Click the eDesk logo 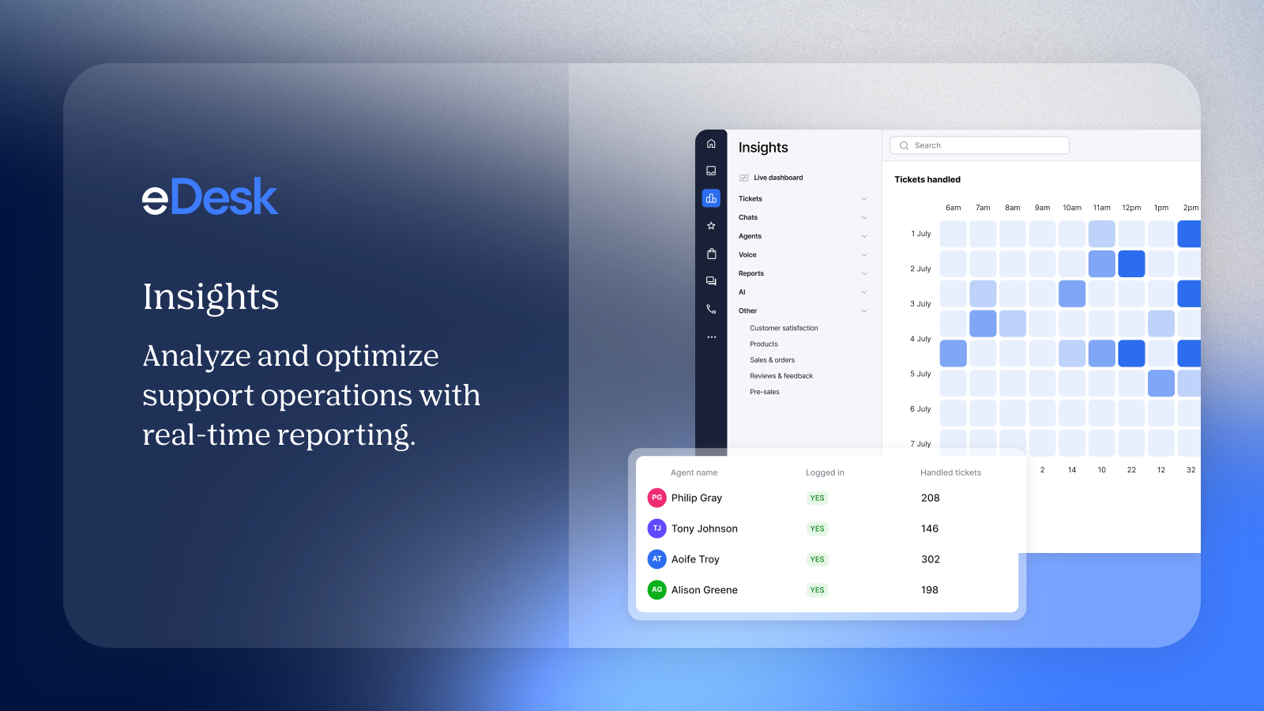pos(210,197)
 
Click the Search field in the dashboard pos(980,145)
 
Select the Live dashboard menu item pos(777,178)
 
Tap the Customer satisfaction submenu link pos(784,328)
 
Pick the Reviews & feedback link pos(781,376)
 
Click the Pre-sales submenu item pos(764,392)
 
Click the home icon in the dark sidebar pos(711,144)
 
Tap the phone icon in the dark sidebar pos(711,310)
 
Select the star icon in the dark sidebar pos(711,226)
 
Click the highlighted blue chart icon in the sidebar pos(711,198)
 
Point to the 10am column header pos(1071,208)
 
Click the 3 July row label pos(920,303)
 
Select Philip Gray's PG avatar pos(656,498)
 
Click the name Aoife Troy pos(695,559)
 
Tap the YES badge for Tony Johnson pos(817,529)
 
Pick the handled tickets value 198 pos(930,590)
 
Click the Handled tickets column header pos(950,472)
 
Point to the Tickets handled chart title pos(927,179)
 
